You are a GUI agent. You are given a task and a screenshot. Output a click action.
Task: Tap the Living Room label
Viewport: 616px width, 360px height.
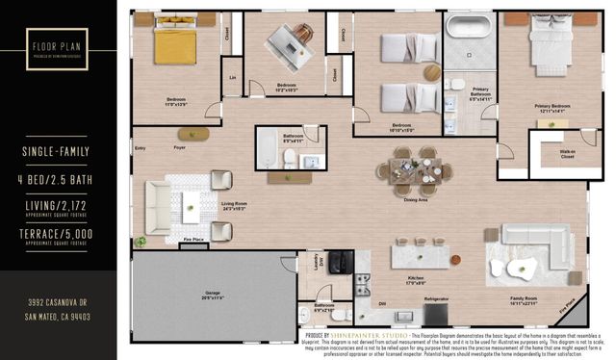(235, 204)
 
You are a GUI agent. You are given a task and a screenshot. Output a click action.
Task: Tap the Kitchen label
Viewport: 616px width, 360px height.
(416, 281)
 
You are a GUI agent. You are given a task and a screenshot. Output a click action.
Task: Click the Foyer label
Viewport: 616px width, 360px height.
(180, 147)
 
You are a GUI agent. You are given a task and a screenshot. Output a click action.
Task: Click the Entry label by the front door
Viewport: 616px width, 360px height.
(141, 147)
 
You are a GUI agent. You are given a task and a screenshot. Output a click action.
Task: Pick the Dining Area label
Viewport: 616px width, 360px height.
(416, 199)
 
